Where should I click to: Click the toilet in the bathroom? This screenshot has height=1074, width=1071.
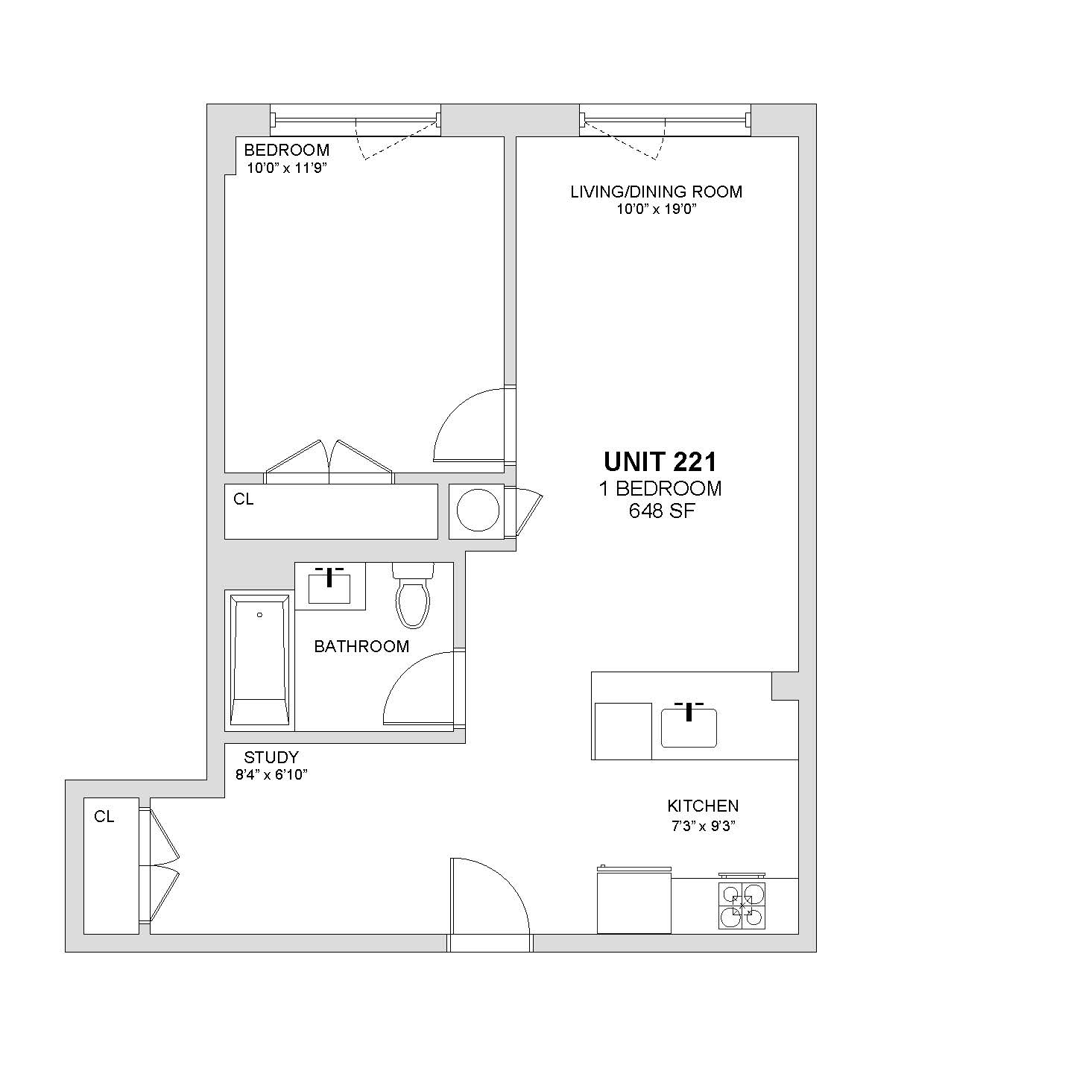click(x=413, y=595)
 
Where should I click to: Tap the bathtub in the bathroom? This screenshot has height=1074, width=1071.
click(x=260, y=660)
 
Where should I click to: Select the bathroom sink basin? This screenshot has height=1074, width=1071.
click(x=329, y=589)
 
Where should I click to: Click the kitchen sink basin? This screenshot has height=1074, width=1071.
click(x=689, y=728)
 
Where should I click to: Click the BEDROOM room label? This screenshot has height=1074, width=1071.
click(x=286, y=150)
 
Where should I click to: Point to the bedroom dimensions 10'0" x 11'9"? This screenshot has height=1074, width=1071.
click(x=286, y=168)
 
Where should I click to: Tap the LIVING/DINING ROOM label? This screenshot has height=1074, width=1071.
click(x=656, y=192)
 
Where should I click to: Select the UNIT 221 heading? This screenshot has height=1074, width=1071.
click(x=660, y=461)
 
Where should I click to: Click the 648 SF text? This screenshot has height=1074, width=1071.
click(x=662, y=511)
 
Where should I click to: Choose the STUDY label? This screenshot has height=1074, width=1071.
click(x=271, y=757)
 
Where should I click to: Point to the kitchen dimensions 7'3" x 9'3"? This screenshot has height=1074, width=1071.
click(x=704, y=826)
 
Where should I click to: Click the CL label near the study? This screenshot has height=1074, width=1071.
click(x=104, y=817)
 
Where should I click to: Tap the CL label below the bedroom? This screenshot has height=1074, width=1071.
click(x=243, y=499)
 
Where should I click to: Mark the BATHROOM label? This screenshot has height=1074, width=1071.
click(x=361, y=646)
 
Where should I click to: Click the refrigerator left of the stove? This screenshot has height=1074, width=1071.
click(x=634, y=901)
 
